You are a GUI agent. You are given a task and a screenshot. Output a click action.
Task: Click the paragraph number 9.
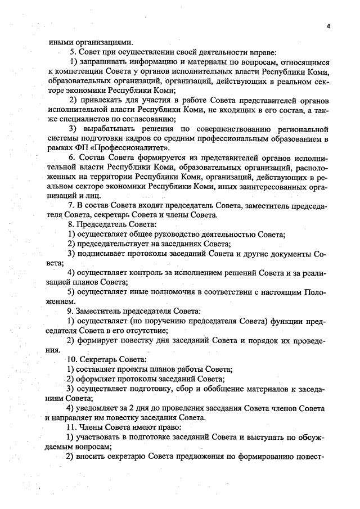(71, 312)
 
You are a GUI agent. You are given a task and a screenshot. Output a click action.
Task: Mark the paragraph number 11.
(73, 427)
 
